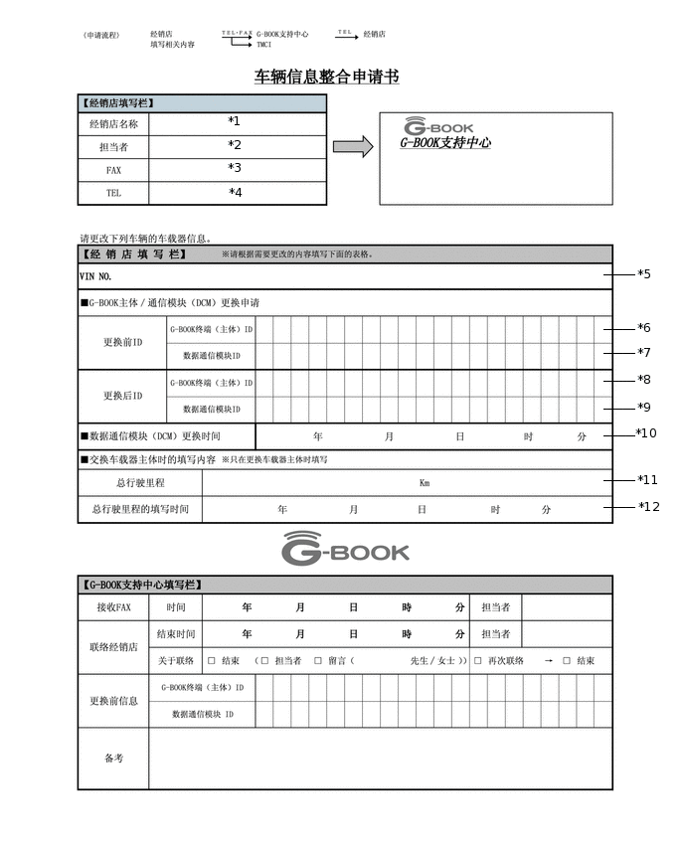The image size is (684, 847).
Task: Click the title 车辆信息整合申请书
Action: [x=327, y=78]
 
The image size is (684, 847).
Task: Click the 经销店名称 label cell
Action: [x=113, y=124]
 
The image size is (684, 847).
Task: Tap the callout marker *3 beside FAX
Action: [x=235, y=168]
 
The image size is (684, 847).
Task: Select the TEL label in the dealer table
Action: [x=113, y=193]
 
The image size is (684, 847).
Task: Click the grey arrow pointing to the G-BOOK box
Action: [x=352, y=147]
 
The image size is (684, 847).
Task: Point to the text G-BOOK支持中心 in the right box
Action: [x=445, y=143]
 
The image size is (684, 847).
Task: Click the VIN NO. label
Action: [x=95, y=276]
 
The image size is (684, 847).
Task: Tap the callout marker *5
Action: [x=644, y=274]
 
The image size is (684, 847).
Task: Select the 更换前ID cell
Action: [x=123, y=343]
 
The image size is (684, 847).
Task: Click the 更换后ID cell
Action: [x=123, y=396]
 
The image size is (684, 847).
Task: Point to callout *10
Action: [x=646, y=433]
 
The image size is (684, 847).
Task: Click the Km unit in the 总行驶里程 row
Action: [x=425, y=482]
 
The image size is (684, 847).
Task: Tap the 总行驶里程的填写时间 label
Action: [x=139, y=509]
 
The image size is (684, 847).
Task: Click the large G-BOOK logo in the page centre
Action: [x=345, y=549]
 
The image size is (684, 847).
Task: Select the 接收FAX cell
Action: [x=113, y=607]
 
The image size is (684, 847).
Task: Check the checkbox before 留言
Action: [x=318, y=661]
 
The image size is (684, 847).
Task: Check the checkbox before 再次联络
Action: [x=477, y=661]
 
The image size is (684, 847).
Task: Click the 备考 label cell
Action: [x=113, y=758]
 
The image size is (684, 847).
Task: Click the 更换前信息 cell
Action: [x=113, y=701]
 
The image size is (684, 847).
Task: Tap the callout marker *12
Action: [x=649, y=507]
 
